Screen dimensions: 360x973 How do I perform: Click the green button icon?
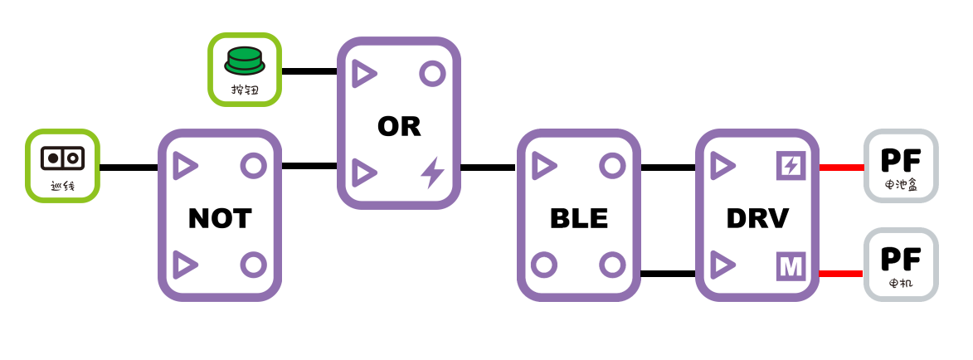click(x=245, y=61)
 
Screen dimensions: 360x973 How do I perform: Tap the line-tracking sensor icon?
click(x=62, y=158)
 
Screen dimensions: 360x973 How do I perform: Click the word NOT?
click(x=220, y=218)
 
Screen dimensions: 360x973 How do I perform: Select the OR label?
click(x=399, y=126)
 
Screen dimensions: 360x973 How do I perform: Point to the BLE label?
click(x=579, y=218)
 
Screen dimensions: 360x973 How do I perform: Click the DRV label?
click(x=757, y=218)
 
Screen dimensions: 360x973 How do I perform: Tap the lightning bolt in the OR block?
click(x=432, y=173)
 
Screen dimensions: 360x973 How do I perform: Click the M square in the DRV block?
click(x=791, y=266)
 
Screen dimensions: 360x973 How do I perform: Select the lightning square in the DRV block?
click(x=791, y=166)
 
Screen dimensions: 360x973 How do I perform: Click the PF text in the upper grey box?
click(x=901, y=160)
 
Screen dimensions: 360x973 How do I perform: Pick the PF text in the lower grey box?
click(x=901, y=259)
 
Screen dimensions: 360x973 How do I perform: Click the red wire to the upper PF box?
click(x=841, y=168)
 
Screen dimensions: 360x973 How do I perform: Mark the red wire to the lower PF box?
click(x=841, y=273)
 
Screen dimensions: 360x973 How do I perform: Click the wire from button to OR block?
click(x=309, y=71)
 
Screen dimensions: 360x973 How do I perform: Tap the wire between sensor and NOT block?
click(x=129, y=168)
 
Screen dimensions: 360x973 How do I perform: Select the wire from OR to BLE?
click(x=488, y=168)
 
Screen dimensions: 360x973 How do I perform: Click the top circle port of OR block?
click(x=432, y=74)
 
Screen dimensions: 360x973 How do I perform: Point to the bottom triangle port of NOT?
click(x=185, y=265)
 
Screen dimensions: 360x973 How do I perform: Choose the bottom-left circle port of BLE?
click(x=544, y=265)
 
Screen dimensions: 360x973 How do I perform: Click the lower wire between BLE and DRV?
click(x=668, y=273)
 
